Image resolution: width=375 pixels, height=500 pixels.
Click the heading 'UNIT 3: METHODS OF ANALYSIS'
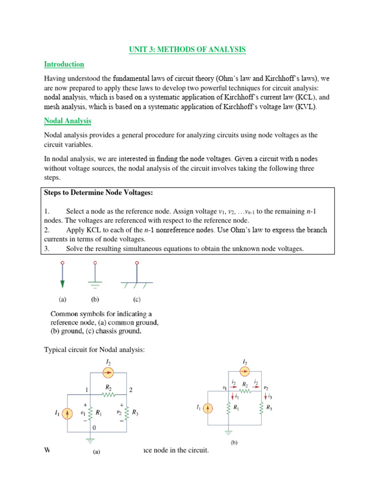(x=187, y=49)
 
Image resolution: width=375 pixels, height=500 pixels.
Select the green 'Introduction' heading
(x=64, y=64)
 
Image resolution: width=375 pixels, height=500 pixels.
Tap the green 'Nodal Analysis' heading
(x=67, y=121)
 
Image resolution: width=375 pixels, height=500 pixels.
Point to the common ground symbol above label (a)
(x=62, y=276)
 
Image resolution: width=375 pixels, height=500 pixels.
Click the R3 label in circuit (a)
(x=135, y=413)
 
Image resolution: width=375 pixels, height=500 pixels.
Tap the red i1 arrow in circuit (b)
(x=229, y=396)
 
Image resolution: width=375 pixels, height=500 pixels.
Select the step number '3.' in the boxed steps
(x=47, y=249)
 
